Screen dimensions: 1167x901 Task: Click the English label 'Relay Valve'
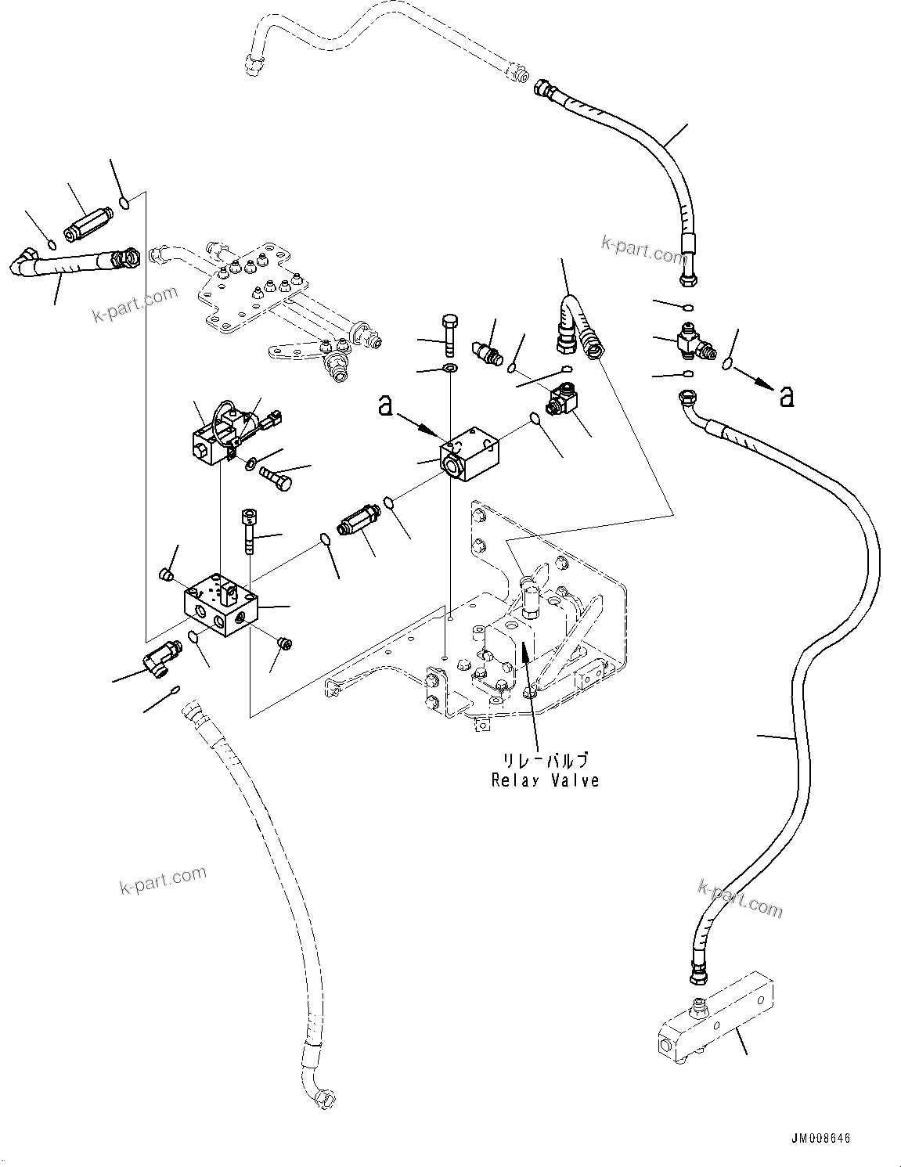pos(545,780)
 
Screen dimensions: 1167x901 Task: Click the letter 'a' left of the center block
pos(385,406)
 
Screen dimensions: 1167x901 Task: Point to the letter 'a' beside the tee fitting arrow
pos(787,397)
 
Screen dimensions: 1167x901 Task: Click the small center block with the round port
pos(469,455)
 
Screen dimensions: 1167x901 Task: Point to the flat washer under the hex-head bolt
pos(450,368)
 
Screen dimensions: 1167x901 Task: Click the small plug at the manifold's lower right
pos(285,644)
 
